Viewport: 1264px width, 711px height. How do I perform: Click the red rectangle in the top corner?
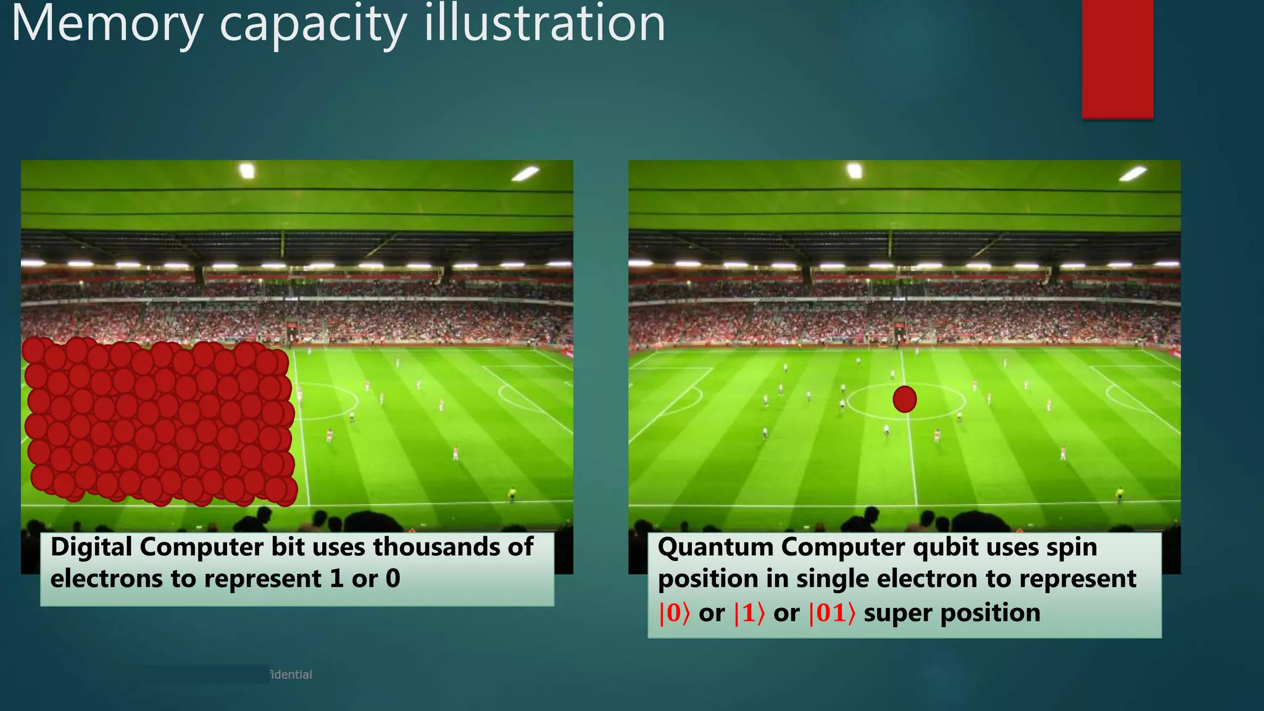coord(1117,59)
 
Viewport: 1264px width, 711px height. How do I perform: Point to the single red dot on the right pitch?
coord(904,399)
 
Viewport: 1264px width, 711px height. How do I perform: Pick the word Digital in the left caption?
coord(91,547)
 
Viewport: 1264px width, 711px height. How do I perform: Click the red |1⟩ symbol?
coord(749,613)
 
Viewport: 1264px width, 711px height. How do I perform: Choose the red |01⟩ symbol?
coord(831,613)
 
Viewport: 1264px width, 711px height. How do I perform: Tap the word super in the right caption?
coord(897,613)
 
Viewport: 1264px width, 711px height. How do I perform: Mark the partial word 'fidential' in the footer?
coord(291,675)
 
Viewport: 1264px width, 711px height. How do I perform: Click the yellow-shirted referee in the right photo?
coord(1119,493)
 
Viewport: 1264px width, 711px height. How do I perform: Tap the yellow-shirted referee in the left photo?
coord(512,493)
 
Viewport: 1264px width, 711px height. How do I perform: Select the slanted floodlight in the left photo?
coord(525,174)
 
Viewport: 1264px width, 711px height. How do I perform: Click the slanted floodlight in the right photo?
coord(1133,174)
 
